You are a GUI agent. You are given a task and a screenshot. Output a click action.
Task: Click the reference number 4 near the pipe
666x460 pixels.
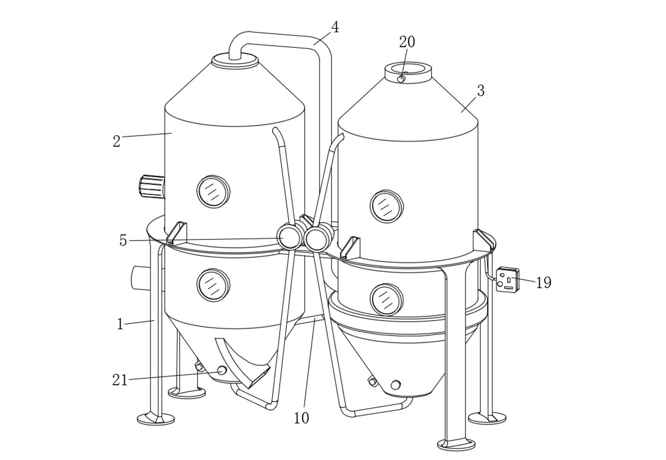pos(335,28)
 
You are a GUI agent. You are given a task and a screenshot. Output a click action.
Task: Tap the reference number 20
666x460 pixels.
pos(407,42)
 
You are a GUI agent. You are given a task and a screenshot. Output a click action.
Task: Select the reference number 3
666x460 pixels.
pos(481,91)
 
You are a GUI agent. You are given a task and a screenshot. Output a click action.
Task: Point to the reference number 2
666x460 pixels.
pos(117,141)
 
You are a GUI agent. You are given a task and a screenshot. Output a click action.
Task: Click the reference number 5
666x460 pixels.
pos(123,241)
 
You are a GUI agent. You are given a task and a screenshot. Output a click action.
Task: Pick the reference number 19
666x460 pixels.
pos(544,282)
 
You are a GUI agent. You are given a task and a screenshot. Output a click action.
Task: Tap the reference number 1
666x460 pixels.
pos(120,324)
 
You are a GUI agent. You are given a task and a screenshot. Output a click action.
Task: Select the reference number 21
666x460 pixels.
pos(120,380)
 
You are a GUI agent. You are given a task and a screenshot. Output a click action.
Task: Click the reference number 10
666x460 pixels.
pos(301,418)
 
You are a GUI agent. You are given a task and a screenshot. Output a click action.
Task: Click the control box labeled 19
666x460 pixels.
pos(508,279)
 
